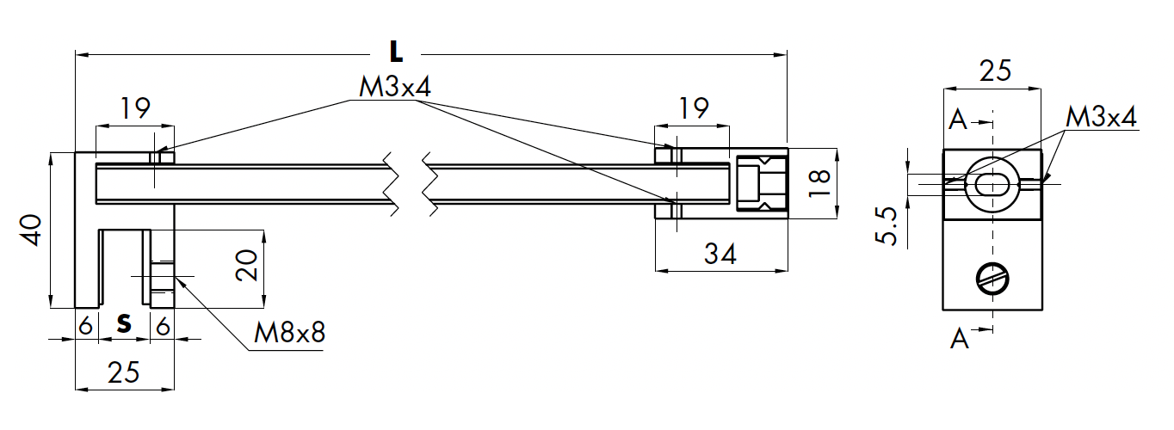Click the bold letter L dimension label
[x=395, y=52]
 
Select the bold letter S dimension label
[x=125, y=324]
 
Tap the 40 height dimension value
[x=32, y=230]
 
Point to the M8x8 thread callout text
[x=289, y=333]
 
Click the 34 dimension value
[x=720, y=255]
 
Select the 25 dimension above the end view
[x=994, y=71]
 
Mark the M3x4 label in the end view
[x=1101, y=117]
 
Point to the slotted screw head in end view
[x=993, y=279]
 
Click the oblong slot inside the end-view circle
[x=994, y=183]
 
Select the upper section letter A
[x=957, y=120]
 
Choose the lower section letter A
[x=960, y=341]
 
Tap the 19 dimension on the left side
[x=134, y=108]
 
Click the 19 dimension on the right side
[x=692, y=108]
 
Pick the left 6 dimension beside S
[x=85, y=324]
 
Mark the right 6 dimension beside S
[x=163, y=324]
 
